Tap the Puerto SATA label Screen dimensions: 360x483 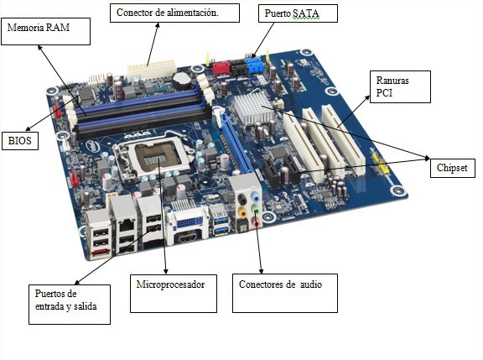(x=287, y=13)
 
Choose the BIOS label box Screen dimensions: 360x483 (x=19, y=140)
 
